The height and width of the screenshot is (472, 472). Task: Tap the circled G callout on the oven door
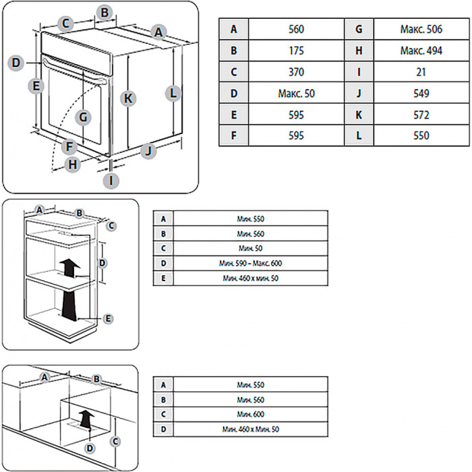click(x=83, y=117)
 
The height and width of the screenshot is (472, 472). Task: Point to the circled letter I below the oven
click(x=112, y=180)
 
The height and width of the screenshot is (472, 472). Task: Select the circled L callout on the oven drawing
click(x=173, y=92)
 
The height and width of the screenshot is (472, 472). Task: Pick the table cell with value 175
click(x=295, y=51)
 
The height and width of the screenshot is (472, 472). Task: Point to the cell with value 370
click(x=295, y=71)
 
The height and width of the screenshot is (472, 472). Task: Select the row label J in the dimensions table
click(x=359, y=93)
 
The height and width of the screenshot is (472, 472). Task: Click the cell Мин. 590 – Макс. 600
click(x=250, y=263)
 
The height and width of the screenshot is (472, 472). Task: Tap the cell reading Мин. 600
click(x=250, y=414)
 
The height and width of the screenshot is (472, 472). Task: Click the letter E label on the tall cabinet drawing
click(x=108, y=317)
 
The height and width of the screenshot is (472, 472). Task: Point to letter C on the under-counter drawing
click(x=115, y=440)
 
